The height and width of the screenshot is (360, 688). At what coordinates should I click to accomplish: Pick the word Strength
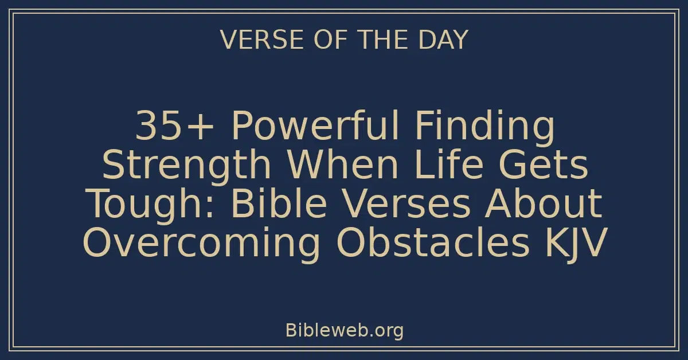click(186, 167)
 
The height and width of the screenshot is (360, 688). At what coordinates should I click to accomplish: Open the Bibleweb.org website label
click(344, 330)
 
